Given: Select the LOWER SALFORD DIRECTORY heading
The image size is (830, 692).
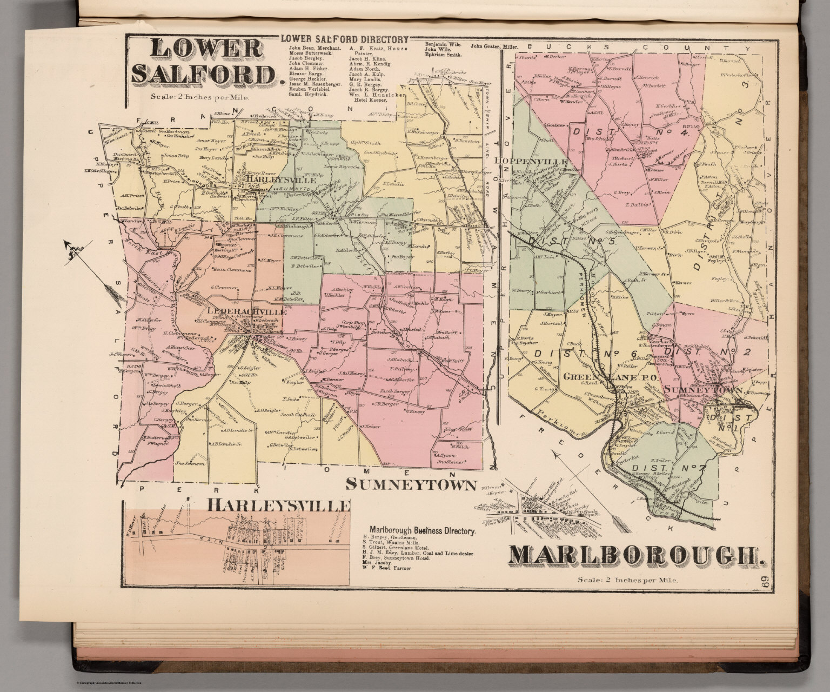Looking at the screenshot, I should tap(343, 39).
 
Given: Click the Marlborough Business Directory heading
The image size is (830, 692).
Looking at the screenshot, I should tap(422, 530).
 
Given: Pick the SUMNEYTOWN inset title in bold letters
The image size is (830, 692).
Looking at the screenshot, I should tap(411, 484).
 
